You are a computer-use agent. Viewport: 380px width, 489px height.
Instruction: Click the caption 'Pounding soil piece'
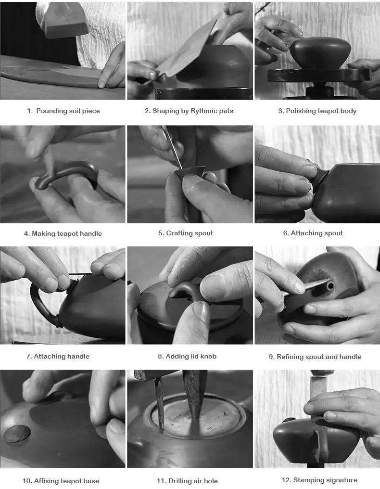(x=68, y=111)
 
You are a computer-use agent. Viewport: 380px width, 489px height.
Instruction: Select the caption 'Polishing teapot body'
(x=321, y=111)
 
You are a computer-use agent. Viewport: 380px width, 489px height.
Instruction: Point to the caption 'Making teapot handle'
(x=67, y=233)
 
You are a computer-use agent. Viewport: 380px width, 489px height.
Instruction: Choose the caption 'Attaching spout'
(x=317, y=233)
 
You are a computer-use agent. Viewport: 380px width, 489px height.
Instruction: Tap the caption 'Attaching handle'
(x=62, y=356)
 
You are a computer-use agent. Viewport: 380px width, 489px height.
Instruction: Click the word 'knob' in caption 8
(x=208, y=356)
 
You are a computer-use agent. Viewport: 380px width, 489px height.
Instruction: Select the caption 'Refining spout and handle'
(x=319, y=357)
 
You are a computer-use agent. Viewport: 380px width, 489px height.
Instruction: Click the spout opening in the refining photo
(x=330, y=286)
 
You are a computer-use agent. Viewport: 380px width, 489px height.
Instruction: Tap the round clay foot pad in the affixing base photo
(x=17, y=434)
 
